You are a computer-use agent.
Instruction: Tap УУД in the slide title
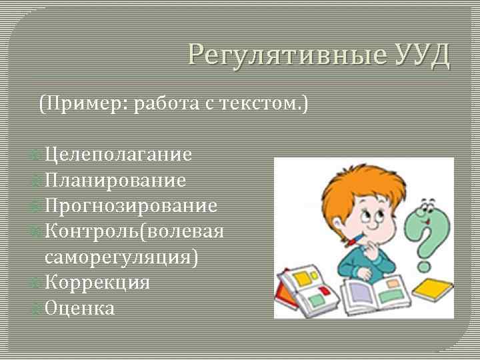(x=421, y=55)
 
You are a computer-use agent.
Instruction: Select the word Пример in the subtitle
(x=87, y=105)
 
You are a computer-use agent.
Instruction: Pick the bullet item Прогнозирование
(x=131, y=206)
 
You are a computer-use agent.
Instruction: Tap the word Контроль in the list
(x=93, y=231)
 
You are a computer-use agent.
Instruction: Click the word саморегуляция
(x=120, y=257)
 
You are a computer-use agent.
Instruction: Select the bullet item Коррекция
(x=97, y=282)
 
